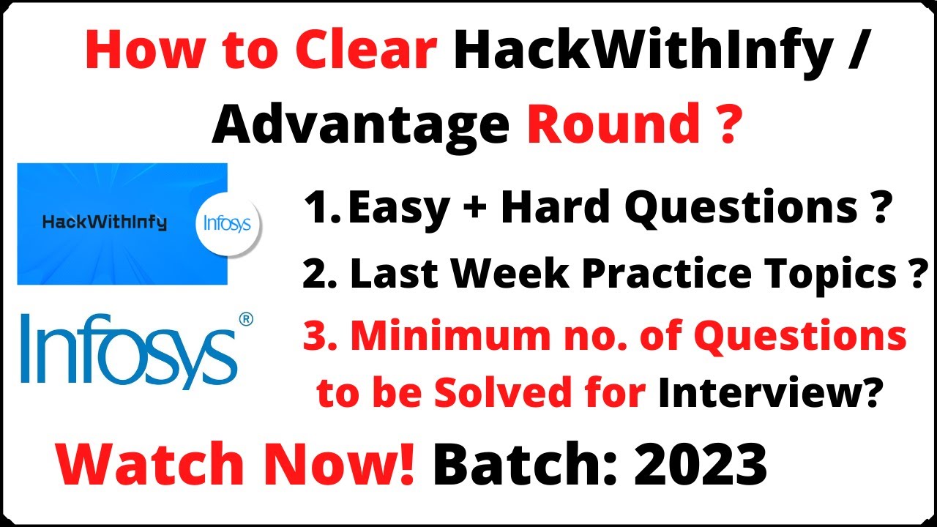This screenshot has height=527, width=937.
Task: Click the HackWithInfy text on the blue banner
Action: click(105, 223)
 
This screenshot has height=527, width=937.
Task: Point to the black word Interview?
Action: click(768, 395)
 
